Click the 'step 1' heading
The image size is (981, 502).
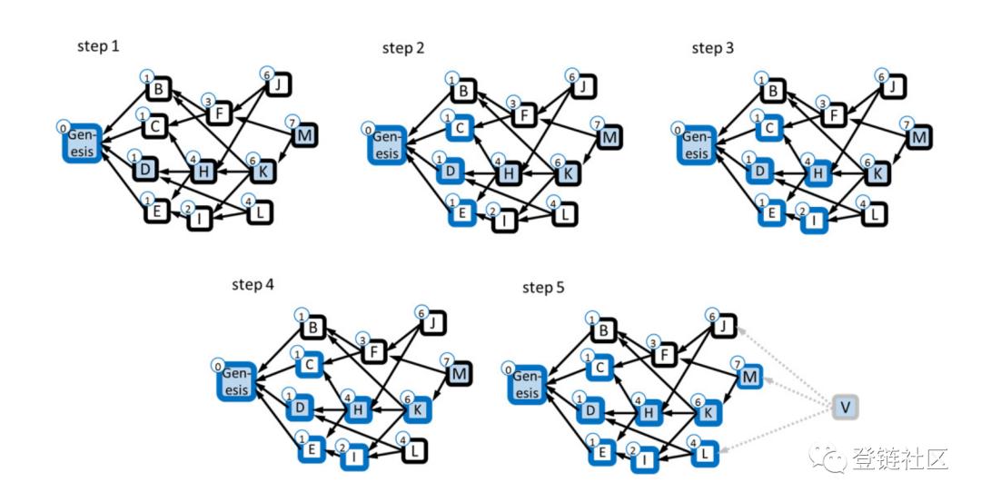[98, 46]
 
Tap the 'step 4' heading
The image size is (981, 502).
[253, 284]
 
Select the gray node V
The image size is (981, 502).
[846, 408]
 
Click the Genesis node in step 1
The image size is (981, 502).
[82, 143]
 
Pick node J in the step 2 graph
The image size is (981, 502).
[583, 87]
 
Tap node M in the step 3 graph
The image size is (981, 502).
[918, 137]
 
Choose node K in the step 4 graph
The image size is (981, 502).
[418, 409]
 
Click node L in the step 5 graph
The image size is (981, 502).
[705, 453]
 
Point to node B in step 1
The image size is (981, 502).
[158, 89]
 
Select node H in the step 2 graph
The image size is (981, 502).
[509, 173]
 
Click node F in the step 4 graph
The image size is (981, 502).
[374, 352]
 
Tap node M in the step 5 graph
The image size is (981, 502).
[748, 377]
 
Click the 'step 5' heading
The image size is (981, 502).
[543, 287]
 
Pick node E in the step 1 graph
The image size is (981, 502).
[156, 212]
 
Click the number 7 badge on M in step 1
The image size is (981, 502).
[292, 122]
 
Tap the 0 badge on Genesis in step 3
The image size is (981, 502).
[678, 130]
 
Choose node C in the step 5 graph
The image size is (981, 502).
[599, 368]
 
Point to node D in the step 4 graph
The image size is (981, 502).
[300, 408]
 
